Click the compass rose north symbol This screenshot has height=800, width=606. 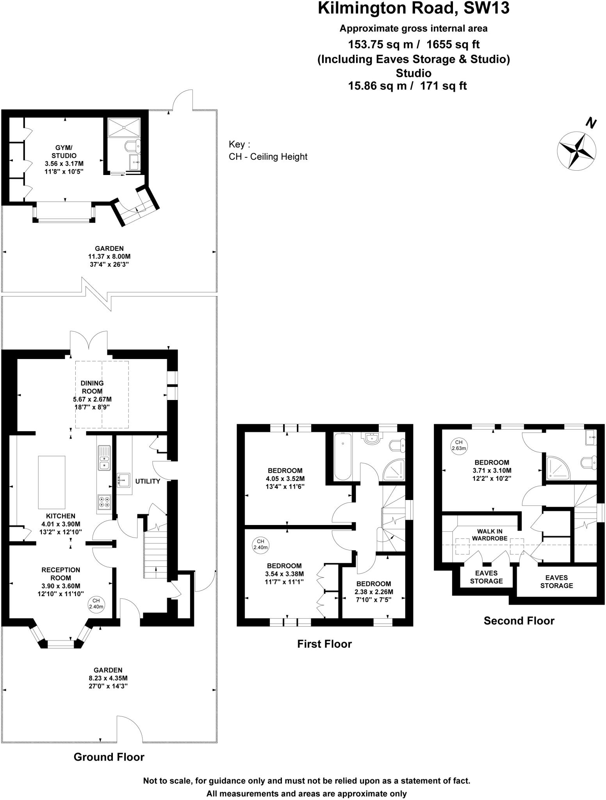[576, 150]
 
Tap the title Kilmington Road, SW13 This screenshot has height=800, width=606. [414, 8]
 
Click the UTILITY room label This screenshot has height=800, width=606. [148, 481]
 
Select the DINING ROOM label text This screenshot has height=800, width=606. [92, 387]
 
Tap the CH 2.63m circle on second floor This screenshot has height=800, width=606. [459, 445]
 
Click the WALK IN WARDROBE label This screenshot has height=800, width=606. [490, 535]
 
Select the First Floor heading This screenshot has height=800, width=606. [324, 644]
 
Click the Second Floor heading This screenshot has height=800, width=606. [519, 621]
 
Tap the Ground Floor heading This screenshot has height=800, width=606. [109, 757]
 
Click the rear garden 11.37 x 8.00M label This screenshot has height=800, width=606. [109, 256]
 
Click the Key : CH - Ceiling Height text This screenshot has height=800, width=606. [268, 150]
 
